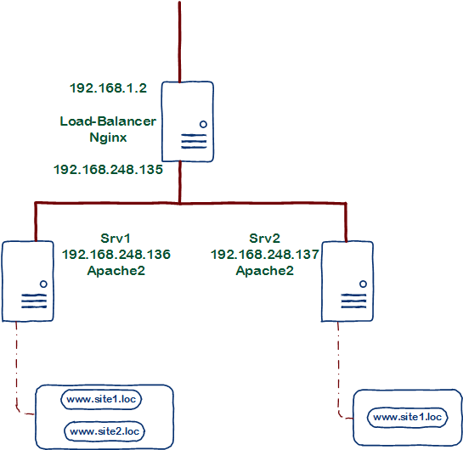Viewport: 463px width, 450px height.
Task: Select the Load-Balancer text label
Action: click(x=108, y=121)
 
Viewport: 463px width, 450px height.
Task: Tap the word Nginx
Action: click(x=108, y=138)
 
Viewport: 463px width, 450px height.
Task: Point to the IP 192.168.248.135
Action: click(x=108, y=169)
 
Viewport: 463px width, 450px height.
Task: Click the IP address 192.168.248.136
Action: click(x=116, y=254)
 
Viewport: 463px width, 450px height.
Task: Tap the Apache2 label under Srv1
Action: click(x=116, y=270)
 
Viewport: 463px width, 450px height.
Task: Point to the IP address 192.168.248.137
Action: click(x=264, y=254)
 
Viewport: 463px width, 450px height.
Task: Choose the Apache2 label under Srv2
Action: click(x=264, y=270)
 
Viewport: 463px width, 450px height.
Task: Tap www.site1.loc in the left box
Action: click(x=104, y=398)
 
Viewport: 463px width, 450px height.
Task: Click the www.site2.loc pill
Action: click(x=104, y=432)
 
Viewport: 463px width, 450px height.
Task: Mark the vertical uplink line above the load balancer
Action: click(x=180, y=38)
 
